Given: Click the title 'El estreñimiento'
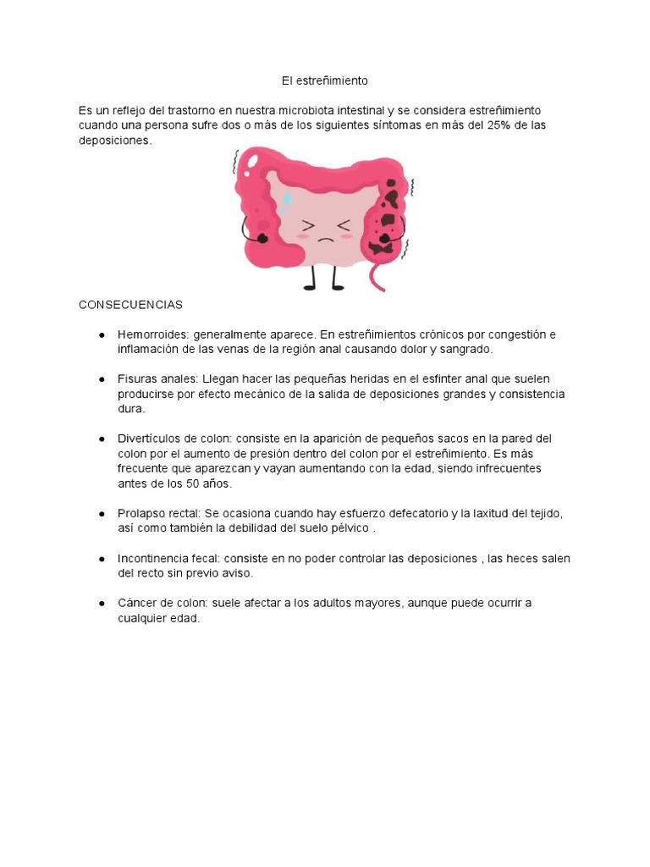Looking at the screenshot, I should [x=325, y=81].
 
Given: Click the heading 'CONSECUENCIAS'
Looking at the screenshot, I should [x=130, y=304].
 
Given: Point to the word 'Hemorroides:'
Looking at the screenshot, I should [x=154, y=334].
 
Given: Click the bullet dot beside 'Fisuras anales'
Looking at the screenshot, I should [x=101, y=379].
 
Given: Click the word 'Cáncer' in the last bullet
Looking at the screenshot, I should [x=138, y=603].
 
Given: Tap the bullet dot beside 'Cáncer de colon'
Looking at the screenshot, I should [x=101, y=603].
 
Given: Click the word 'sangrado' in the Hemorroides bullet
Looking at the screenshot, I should [x=465, y=349].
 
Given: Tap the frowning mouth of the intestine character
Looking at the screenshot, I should [x=326, y=240].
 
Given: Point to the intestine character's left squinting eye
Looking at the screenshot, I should [x=308, y=225].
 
